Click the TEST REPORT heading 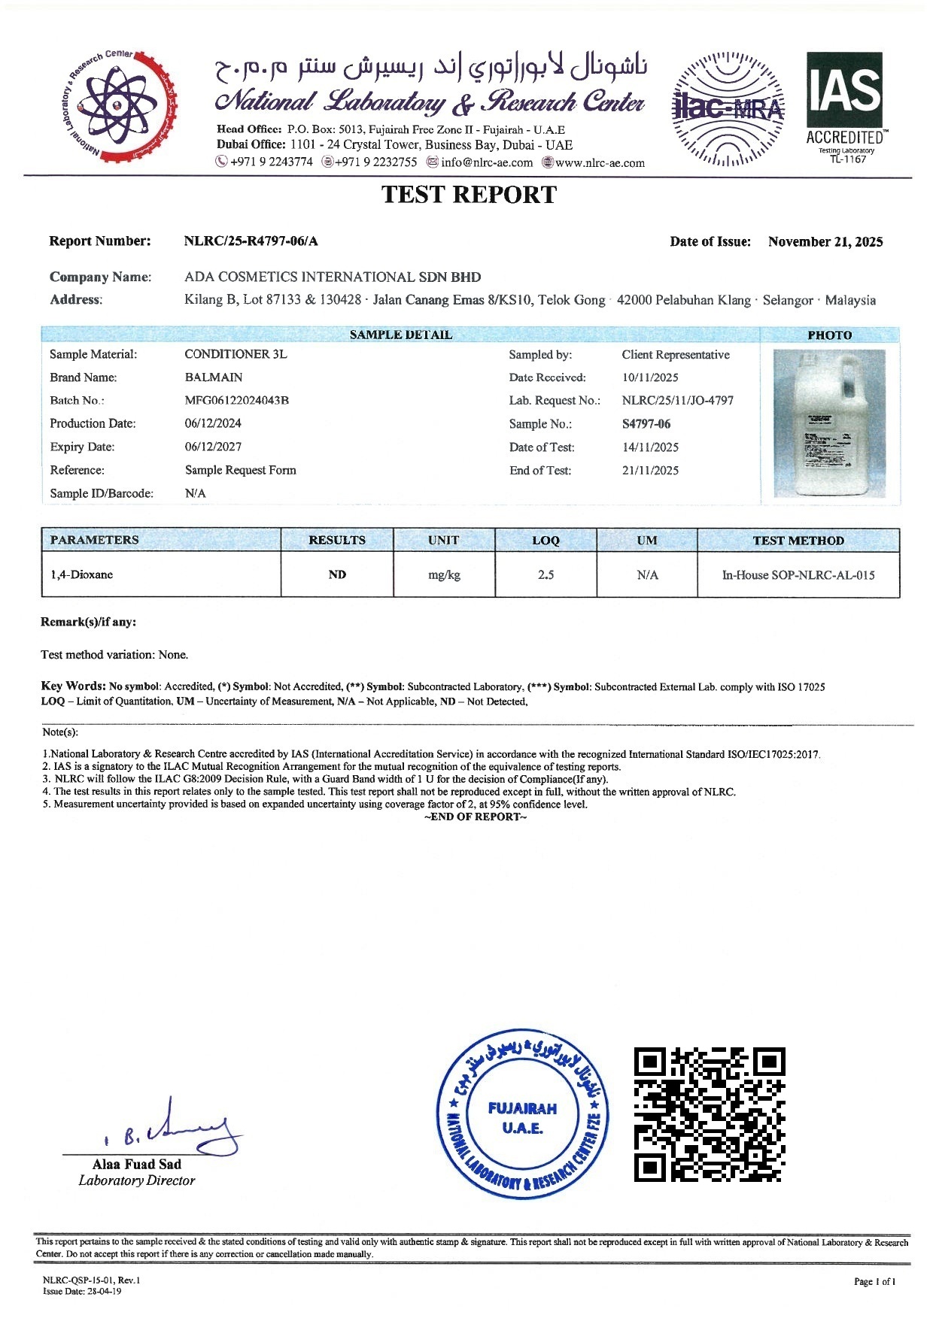pyautogui.click(x=469, y=195)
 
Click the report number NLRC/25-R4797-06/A pyautogui.click(x=251, y=241)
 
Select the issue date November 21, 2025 pyautogui.click(x=825, y=242)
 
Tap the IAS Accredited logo pyautogui.click(x=845, y=108)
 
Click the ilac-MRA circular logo pyautogui.click(x=728, y=108)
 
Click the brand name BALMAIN pyautogui.click(x=214, y=377)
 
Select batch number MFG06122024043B pyautogui.click(x=237, y=401)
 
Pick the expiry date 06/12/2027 pyautogui.click(x=213, y=447)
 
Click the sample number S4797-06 pyautogui.click(x=646, y=424)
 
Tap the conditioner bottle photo pyautogui.click(x=830, y=423)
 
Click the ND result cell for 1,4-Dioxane pyautogui.click(x=337, y=575)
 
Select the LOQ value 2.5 pyautogui.click(x=546, y=575)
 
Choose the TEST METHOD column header pyautogui.click(x=798, y=541)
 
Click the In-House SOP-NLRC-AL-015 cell pyautogui.click(x=798, y=575)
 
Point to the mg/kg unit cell pyautogui.click(x=444, y=575)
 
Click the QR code pyautogui.click(x=710, y=1114)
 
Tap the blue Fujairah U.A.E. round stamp pyautogui.click(x=522, y=1114)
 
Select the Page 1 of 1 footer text pyautogui.click(x=874, y=1282)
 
